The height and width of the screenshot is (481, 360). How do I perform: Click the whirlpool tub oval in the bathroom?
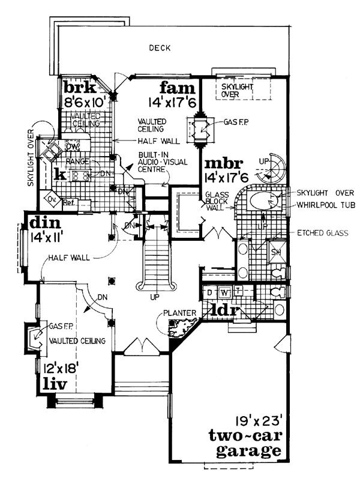(264, 202)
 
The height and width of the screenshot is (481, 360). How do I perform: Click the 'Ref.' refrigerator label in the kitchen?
(68, 202)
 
